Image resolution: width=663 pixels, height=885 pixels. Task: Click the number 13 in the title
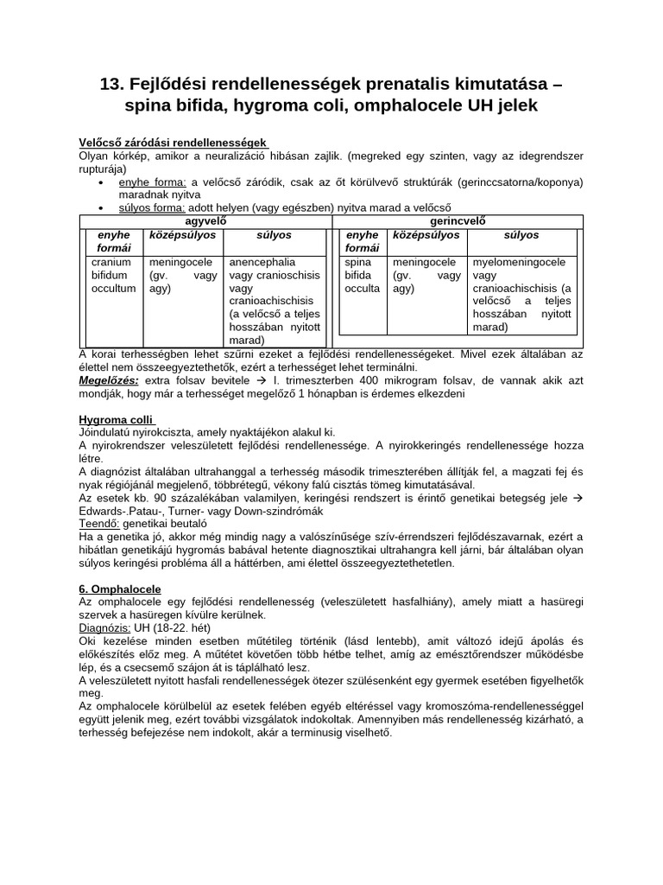[x=115, y=84]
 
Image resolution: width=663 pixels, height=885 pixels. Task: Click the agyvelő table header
[x=205, y=221]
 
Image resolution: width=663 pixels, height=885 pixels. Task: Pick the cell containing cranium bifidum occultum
[x=113, y=275]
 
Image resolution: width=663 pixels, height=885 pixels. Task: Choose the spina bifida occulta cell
[x=361, y=275]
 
